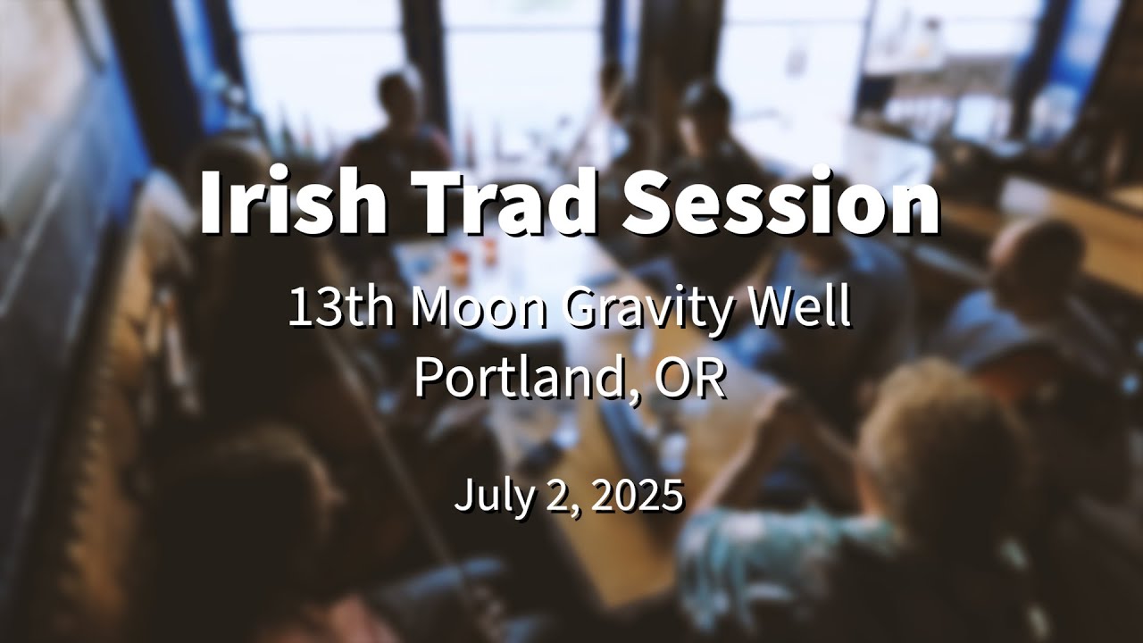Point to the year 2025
point(637,496)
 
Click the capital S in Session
point(651,201)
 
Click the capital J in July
point(463,496)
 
